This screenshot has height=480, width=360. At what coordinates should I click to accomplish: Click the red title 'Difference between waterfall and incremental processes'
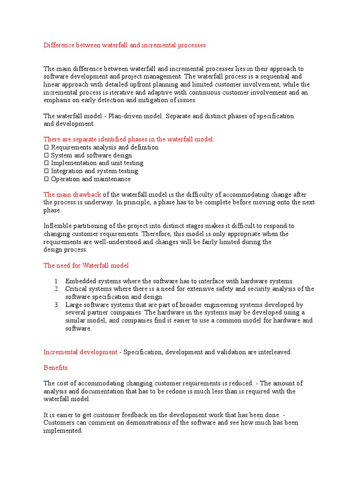[125, 45]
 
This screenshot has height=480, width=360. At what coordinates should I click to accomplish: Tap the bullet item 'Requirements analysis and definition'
[105, 147]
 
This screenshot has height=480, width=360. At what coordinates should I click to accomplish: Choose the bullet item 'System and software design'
[91, 155]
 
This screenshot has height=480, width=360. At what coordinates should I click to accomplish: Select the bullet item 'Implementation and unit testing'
[97, 163]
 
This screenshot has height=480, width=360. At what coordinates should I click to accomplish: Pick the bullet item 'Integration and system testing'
[94, 171]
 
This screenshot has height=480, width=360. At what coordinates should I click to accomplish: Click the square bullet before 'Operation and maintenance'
[46, 179]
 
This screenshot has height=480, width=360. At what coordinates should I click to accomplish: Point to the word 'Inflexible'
[58, 226]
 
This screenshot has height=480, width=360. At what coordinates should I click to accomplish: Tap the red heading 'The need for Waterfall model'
[86, 265]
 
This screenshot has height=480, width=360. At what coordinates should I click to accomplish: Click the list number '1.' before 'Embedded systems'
[56, 281]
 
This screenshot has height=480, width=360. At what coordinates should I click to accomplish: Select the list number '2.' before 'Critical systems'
[56, 289]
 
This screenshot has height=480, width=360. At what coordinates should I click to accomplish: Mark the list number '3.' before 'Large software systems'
[56, 305]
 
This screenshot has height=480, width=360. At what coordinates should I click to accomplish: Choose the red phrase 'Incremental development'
[80, 352]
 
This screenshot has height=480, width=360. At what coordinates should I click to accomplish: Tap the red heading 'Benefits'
[56, 368]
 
